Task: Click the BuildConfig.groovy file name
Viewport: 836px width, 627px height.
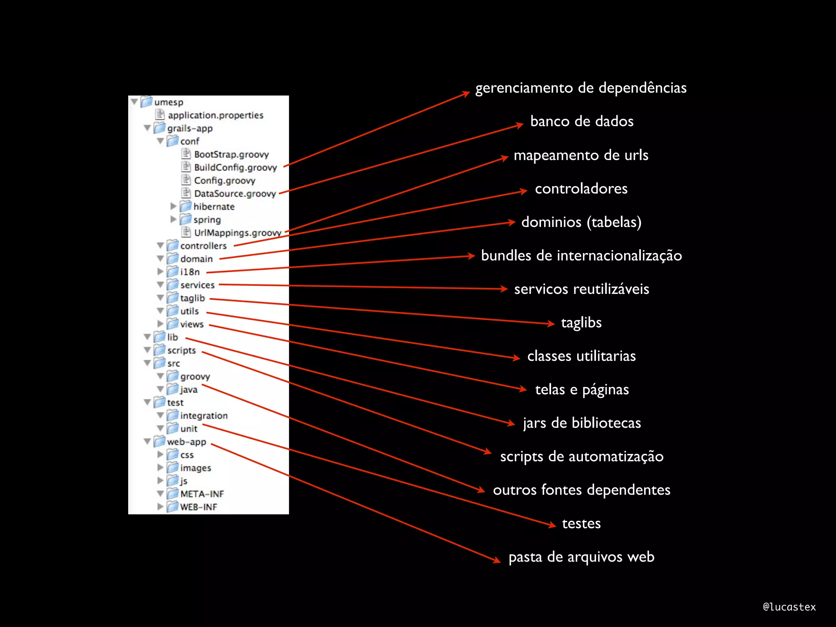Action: [235, 167]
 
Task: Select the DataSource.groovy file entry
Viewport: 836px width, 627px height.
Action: [235, 193]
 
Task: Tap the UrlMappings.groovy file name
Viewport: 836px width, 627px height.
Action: [238, 233]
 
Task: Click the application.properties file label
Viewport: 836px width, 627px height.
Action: [216, 115]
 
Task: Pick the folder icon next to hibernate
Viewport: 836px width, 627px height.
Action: [186, 206]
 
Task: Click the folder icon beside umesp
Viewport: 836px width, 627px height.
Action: [147, 102]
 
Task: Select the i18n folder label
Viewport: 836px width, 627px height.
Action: [190, 272]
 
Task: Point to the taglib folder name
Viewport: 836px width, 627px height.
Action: [192, 298]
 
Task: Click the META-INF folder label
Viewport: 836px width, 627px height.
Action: [202, 494]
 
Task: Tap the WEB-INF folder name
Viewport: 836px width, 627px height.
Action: [198, 507]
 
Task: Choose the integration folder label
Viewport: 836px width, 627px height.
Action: [204, 416]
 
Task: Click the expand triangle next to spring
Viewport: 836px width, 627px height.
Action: [173, 220]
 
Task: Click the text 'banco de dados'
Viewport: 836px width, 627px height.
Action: [582, 121]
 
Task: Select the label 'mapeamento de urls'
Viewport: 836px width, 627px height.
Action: [581, 155]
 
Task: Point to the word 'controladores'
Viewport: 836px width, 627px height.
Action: [581, 189]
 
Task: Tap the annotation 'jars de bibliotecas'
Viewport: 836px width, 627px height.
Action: [582, 423]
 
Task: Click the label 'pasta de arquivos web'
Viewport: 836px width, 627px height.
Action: [581, 557]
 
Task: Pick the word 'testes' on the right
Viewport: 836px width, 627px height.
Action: [581, 523]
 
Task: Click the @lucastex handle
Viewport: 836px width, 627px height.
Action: [789, 607]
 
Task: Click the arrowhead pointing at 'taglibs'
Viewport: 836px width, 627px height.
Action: [551, 324]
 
